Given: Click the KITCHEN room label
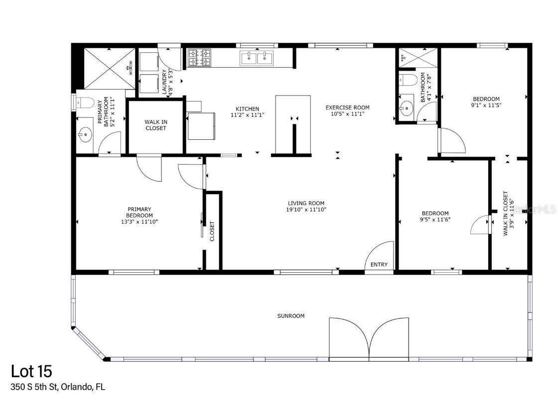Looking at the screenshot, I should click(x=247, y=108).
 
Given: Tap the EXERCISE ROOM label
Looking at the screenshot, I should click(x=347, y=107).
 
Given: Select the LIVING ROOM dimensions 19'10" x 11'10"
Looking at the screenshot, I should click(x=306, y=209).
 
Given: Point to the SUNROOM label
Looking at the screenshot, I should click(x=291, y=316).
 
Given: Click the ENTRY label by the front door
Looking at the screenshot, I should click(x=379, y=265).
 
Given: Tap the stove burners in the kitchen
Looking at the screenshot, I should click(x=199, y=58).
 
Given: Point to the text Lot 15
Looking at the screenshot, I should click(x=31, y=371).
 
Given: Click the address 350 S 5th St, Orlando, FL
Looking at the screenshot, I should click(x=58, y=387).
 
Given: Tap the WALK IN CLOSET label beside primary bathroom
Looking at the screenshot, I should click(x=155, y=125).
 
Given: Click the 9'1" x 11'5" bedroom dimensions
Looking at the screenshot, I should click(x=485, y=105).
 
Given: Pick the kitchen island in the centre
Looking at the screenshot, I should click(x=293, y=124).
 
